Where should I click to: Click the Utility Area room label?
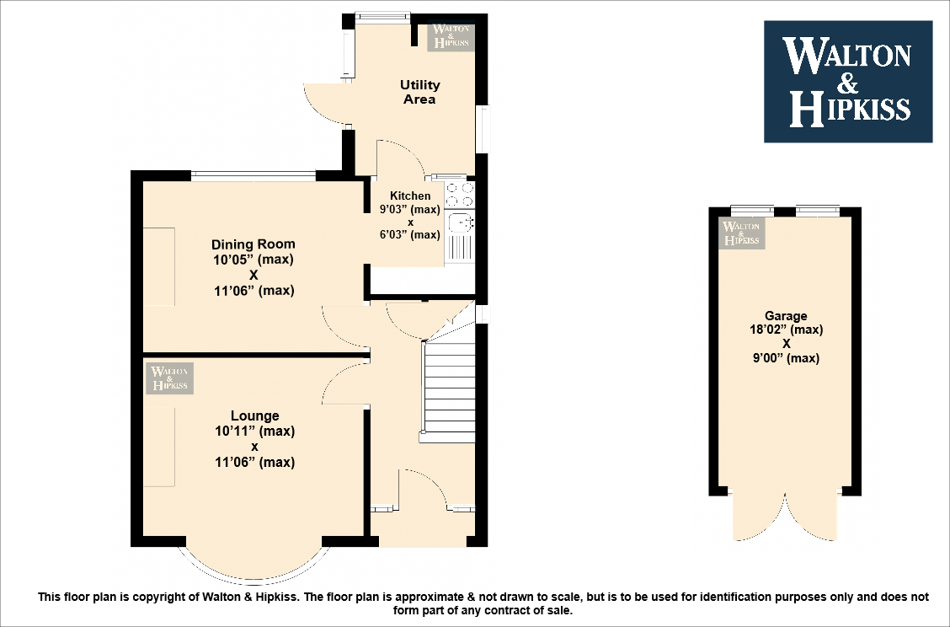pyautogui.click(x=419, y=92)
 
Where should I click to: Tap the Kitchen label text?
pyautogui.click(x=410, y=196)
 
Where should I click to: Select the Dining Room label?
pyautogui.click(x=253, y=244)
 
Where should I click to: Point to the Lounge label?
pyautogui.click(x=254, y=415)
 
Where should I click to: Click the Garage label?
pyautogui.click(x=786, y=316)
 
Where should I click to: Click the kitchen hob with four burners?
pyautogui.click(x=460, y=196)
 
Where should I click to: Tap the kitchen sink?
pyautogui.click(x=460, y=223)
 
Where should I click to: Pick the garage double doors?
pyautogui.click(x=785, y=516)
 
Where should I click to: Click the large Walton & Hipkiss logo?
pyautogui.click(x=847, y=81)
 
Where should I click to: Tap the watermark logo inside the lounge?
pyautogui.click(x=169, y=378)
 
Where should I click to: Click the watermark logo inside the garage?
pyautogui.click(x=741, y=232)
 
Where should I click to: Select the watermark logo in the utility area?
pyautogui.click(x=451, y=37)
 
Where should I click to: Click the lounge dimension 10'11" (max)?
pyautogui.click(x=254, y=431)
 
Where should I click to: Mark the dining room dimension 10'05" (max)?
pyautogui.click(x=253, y=260)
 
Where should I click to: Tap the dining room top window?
pyautogui.click(x=253, y=175)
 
